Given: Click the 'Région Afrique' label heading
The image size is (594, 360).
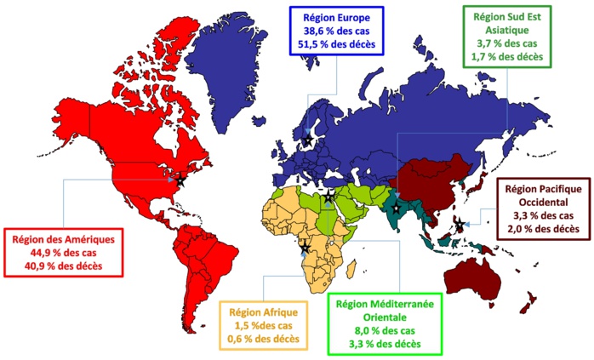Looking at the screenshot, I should (x=263, y=311).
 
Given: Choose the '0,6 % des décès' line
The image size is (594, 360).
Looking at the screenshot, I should (x=263, y=339).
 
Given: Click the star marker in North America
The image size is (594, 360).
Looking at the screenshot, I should (x=180, y=181).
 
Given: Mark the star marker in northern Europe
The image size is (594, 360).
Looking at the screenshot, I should (x=307, y=138).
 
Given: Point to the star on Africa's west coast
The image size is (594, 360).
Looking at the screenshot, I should (x=305, y=248).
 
